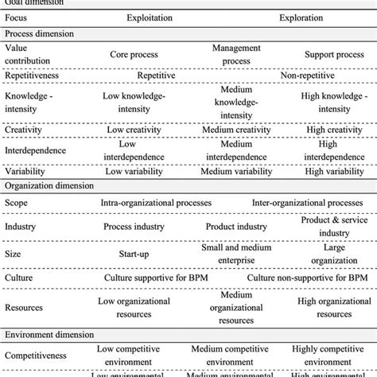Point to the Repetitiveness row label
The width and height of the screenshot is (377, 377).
[x=35, y=76]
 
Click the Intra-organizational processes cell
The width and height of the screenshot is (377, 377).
[x=155, y=204]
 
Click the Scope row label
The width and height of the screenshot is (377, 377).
[x=17, y=204]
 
